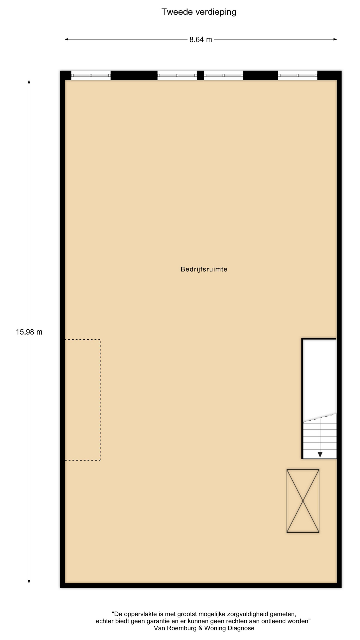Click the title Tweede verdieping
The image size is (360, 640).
(199, 12)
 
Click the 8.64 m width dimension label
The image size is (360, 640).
(201, 39)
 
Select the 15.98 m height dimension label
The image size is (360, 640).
(29, 332)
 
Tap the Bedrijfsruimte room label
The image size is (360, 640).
(204, 269)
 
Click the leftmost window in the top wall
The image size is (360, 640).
(91, 75)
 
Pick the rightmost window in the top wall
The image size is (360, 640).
(298, 75)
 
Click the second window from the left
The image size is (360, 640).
(177, 75)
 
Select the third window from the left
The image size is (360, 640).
(223, 75)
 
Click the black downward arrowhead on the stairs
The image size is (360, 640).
(320, 454)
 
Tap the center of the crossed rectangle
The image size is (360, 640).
(303, 501)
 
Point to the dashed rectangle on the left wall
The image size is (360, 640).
(100, 400)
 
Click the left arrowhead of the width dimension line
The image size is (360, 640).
(66, 39)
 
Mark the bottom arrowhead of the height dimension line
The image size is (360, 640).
(29, 582)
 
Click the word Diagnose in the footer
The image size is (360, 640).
(241, 628)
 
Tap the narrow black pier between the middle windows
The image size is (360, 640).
(200, 75)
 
